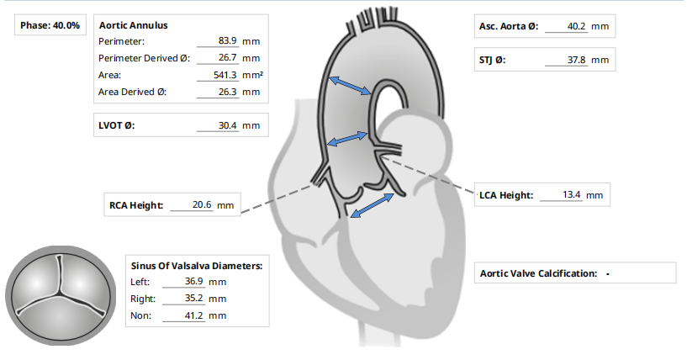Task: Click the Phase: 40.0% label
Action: tap(50, 26)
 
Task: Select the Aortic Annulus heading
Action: tap(133, 26)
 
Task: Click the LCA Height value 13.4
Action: tap(572, 195)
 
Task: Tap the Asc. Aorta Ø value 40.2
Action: tap(576, 26)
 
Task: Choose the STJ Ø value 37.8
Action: tap(576, 60)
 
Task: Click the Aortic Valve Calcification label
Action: tap(538, 273)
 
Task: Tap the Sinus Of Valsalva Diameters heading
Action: tap(197, 265)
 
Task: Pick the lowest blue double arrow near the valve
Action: tap(372, 205)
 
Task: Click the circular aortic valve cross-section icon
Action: tap(58, 294)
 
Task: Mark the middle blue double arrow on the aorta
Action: tap(346, 137)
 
